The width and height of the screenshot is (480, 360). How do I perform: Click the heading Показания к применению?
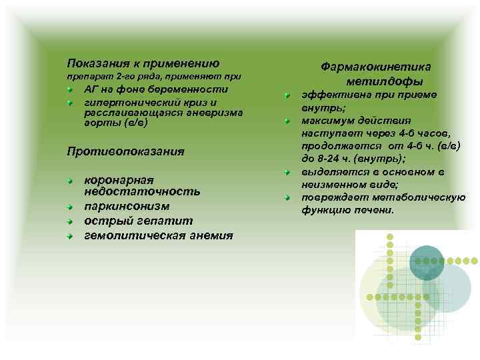(143, 63)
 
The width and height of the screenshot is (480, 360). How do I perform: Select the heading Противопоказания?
(126, 151)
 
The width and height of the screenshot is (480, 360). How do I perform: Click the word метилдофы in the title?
(385, 81)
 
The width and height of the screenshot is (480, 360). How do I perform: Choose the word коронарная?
(119, 180)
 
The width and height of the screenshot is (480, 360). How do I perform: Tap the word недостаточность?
(142, 192)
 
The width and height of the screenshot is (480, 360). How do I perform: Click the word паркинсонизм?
(127, 207)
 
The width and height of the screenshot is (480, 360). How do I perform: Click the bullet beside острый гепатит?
(69, 221)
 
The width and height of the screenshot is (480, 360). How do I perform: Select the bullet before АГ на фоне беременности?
(69, 89)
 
